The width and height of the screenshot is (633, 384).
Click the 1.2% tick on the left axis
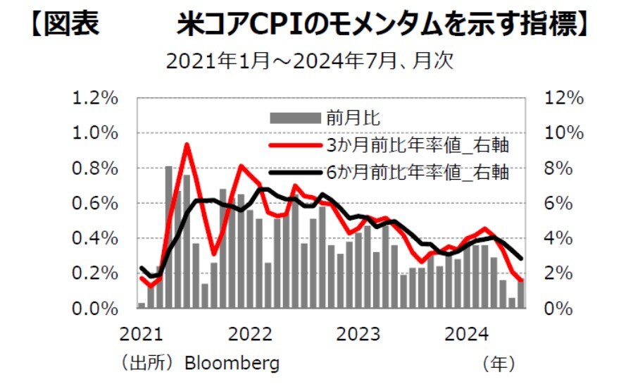[96, 98]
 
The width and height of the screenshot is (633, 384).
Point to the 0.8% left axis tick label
[96, 168]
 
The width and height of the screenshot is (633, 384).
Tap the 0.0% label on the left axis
[96, 309]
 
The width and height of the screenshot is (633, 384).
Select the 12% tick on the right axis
[564, 98]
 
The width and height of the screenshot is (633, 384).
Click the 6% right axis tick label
[560, 204]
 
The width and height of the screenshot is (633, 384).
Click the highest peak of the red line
[187, 144]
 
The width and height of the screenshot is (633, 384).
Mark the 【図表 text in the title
[64, 25]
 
